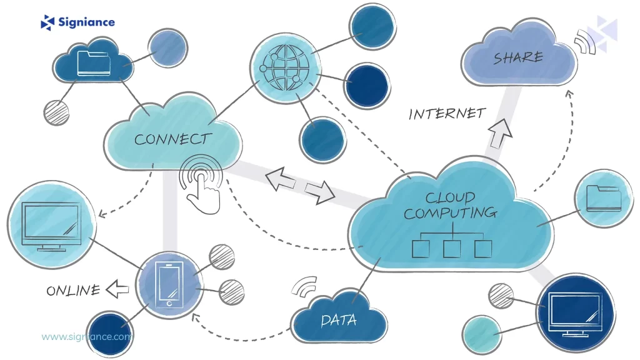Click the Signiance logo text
coord(86,22)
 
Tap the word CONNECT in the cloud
coord(173,139)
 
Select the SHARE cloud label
coord(518,58)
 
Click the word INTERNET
coord(447,114)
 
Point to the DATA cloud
coord(338,321)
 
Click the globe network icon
coord(286,64)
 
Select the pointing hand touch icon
coord(201,181)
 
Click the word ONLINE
coord(72,291)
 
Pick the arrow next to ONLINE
coord(117,289)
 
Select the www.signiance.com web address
coord(86,336)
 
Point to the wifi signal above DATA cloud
coord(305,286)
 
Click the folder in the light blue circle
coord(604,198)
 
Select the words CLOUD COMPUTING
coord(449,206)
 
